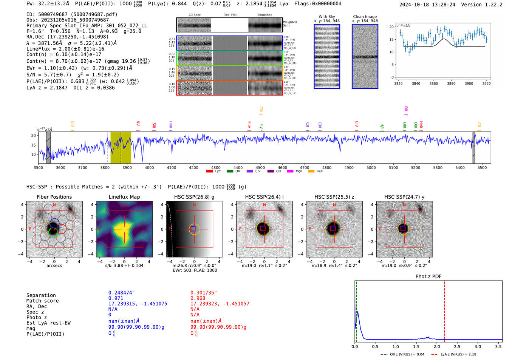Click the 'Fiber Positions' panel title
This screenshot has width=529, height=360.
pos(54,197)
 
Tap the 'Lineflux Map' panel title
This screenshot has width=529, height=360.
pos(124,197)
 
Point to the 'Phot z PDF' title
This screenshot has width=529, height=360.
pos(428,276)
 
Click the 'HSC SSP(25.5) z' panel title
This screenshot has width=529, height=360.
pos(334,197)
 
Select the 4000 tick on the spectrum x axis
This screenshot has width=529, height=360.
pos(149,167)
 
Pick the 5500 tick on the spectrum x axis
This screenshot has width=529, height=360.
pos(482,167)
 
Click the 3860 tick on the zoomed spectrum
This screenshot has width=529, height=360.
pos(433,83)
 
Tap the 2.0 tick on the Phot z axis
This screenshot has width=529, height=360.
pos(437,346)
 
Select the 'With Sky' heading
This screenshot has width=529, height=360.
pos(327,17)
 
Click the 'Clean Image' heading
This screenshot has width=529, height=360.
pos(365,17)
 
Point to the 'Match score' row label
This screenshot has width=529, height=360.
pos(42,301)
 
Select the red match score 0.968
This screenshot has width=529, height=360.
pos(198,298)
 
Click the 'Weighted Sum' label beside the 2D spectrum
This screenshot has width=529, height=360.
pos(290,23)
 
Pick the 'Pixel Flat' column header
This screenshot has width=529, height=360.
pos(230,15)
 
